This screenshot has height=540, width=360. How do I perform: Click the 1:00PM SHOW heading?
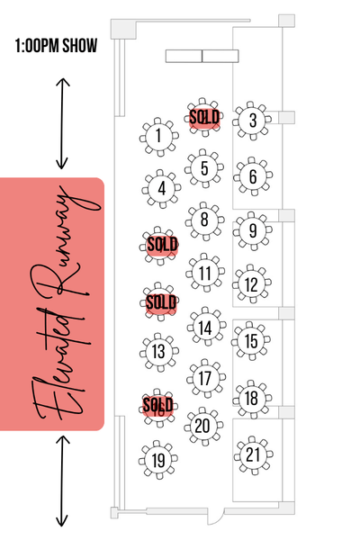point(56,46)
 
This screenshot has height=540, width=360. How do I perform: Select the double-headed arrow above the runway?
point(63,123)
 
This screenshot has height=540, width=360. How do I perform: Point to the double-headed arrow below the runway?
point(62,481)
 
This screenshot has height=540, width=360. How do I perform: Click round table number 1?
point(158,137)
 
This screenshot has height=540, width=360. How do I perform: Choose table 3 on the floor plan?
point(253,121)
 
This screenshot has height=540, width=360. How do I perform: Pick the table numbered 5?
point(204,168)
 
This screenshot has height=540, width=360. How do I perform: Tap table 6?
point(253,176)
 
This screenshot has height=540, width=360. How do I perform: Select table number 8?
point(204,220)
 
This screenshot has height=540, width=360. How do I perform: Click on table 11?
point(205,273)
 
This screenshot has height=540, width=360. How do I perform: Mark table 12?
point(252,284)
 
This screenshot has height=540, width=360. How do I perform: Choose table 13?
point(158,352)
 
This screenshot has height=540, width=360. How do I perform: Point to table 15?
point(251,341)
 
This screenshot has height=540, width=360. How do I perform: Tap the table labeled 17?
point(206,379)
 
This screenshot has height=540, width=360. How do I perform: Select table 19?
point(158,460)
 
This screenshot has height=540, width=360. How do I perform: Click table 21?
point(253,455)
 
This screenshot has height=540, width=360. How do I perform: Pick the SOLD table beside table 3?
point(204,117)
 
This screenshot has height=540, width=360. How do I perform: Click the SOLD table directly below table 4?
point(160,246)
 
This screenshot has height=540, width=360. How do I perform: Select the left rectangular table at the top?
point(184,56)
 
